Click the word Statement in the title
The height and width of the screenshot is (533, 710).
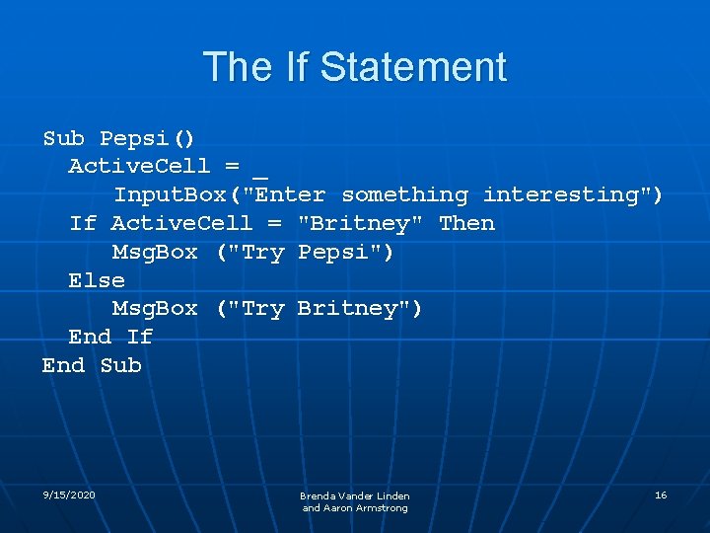click(413, 67)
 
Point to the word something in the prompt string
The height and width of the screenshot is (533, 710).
click(404, 195)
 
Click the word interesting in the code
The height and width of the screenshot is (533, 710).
click(567, 195)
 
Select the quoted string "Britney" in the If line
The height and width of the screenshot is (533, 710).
click(361, 224)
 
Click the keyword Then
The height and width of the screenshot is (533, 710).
click(466, 224)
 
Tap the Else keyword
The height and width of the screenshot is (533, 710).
click(97, 280)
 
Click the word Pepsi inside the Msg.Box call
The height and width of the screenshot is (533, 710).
click(341, 253)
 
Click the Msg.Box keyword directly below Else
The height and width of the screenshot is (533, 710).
click(155, 309)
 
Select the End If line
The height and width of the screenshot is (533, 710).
click(110, 337)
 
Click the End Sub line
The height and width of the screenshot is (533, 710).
click(92, 365)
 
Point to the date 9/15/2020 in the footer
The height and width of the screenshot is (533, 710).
click(69, 495)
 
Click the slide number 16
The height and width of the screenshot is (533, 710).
click(661, 495)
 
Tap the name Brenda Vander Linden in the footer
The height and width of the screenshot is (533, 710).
click(355, 495)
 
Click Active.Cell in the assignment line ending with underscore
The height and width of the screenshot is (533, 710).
click(139, 167)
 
